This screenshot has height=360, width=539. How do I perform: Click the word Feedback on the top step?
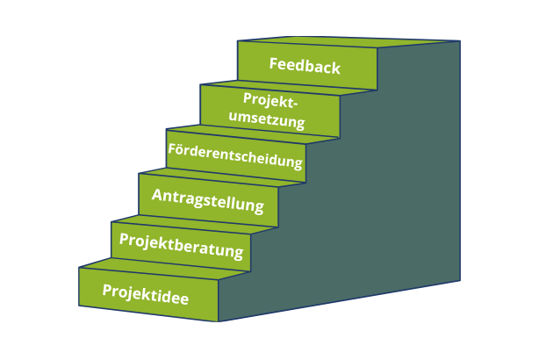[x=305, y=66]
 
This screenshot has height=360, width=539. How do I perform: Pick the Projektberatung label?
[x=181, y=245]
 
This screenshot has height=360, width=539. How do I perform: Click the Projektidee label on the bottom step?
[x=146, y=292]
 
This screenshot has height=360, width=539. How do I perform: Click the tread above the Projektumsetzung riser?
[x=290, y=83]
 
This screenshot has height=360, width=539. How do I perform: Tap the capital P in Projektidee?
[x=107, y=290]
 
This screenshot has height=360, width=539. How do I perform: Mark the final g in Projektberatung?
[x=238, y=253]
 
